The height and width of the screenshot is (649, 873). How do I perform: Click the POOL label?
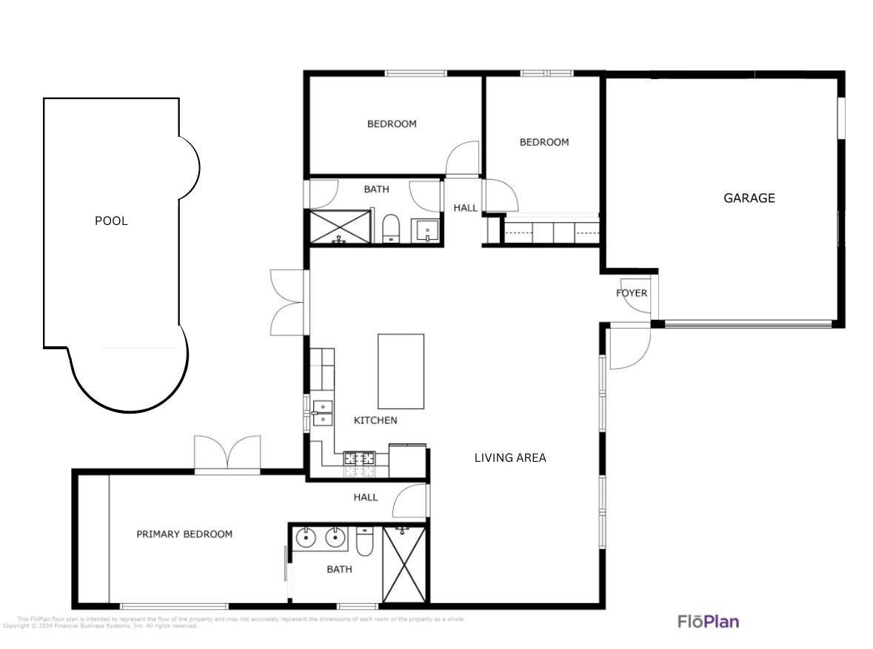click(x=111, y=221)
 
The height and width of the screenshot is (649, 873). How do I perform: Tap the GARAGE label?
click(x=749, y=198)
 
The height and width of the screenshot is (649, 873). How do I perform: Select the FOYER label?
click(x=631, y=293)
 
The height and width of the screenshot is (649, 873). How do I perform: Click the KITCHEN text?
click(x=375, y=420)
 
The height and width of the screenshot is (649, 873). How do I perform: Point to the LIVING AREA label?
click(x=510, y=458)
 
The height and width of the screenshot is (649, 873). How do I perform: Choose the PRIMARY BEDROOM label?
click(x=184, y=534)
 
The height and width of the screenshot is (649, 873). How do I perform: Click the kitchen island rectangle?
click(x=401, y=371)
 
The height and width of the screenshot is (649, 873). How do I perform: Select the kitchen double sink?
click(x=322, y=413)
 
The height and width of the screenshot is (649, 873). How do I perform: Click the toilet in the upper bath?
click(x=390, y=229)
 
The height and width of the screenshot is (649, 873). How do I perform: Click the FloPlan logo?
click(x=708, y=622)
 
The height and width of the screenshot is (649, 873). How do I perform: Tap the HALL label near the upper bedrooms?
click(x=466, y=208)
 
